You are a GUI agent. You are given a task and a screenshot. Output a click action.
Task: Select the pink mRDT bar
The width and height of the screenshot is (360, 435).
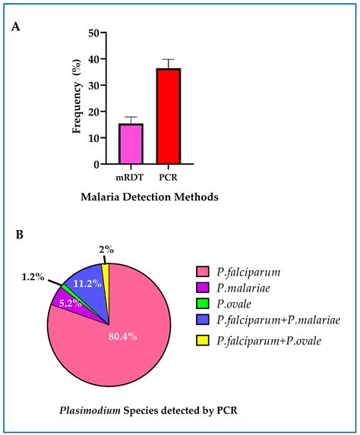pos(131,143)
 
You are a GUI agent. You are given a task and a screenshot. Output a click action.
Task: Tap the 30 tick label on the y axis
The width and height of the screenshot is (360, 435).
pos(91,86)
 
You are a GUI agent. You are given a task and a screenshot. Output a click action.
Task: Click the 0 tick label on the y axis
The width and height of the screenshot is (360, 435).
pos(94,164)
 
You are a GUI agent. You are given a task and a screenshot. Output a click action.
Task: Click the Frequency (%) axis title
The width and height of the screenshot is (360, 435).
pos(76,99)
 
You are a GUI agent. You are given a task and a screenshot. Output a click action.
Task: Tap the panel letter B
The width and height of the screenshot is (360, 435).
pos(19,235)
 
